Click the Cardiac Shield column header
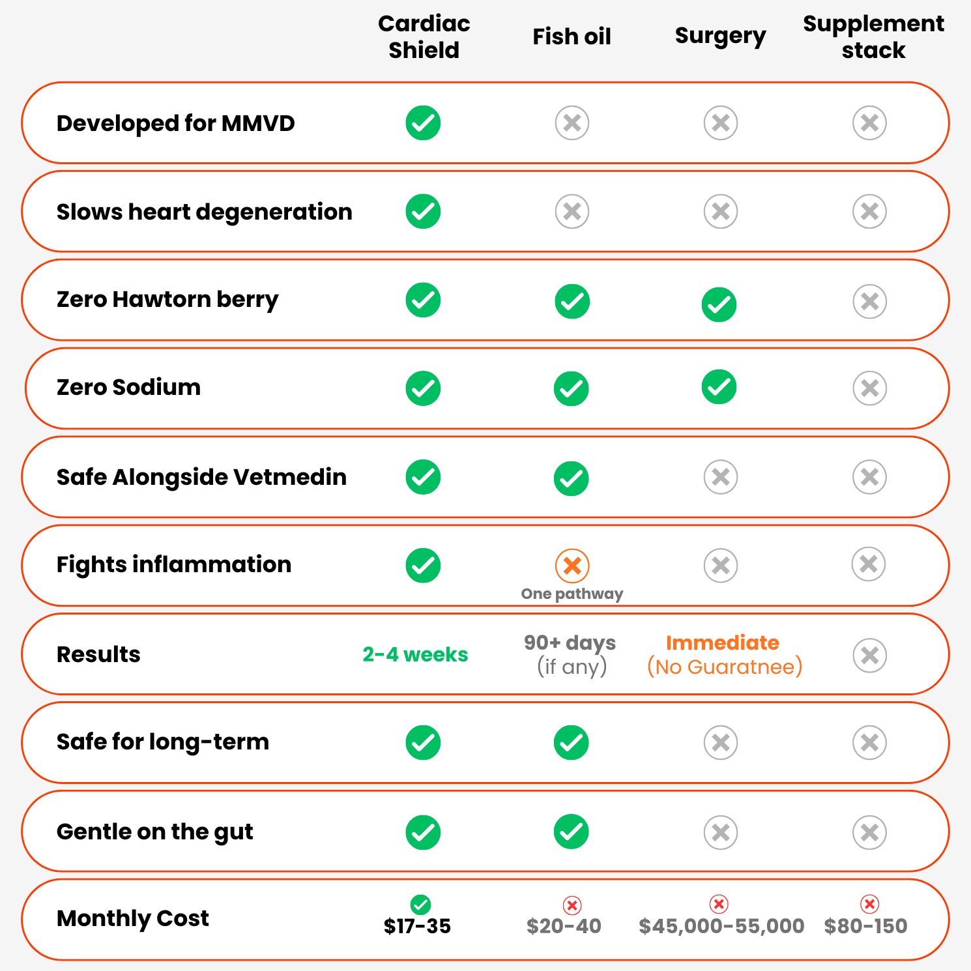(x=424, y=36)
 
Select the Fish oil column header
(x=572, y=36)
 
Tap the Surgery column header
(x=720, y=36)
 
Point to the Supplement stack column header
(x=873, y=36)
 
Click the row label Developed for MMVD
(x=176, y=123)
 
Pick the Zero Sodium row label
(x=128, y=387)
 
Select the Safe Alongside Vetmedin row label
(x=201, y=477)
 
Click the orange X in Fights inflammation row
(x=572, y=566)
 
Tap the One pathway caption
(x=572, y=594)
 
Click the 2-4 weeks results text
(x=415, y=654)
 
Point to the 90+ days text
(x=570, y=643)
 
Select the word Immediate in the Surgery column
(x=722, y=643)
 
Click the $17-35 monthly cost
(x=417, y=926)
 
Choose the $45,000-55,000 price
(x=721, y=926)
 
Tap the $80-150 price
(x=865, y=926)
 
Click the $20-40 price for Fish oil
(x=564, y=926)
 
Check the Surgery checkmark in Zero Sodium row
(x=719, y=387)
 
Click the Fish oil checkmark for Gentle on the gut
(x=572, y=832)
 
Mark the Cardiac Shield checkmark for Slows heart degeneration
(x=423, y=211)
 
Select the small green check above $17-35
(x=420, y=905)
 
